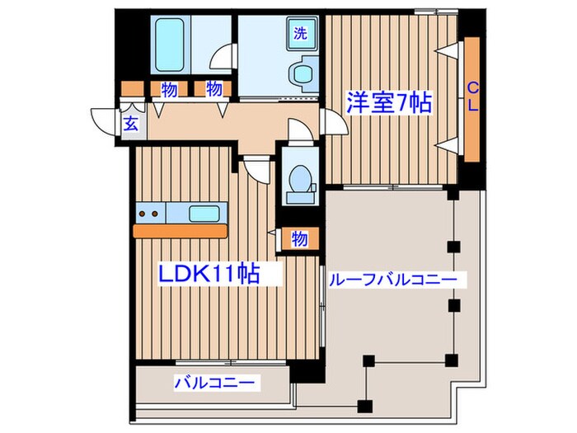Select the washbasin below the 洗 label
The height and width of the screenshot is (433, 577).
point(302,75)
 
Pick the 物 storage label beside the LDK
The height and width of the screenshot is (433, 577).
point(299,238)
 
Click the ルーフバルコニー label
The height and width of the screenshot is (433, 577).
point(392,280)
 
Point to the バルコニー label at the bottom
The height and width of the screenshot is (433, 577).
point(216,383)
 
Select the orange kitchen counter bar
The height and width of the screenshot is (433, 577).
point(180,232)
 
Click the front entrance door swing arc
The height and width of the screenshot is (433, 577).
point(105,122)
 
